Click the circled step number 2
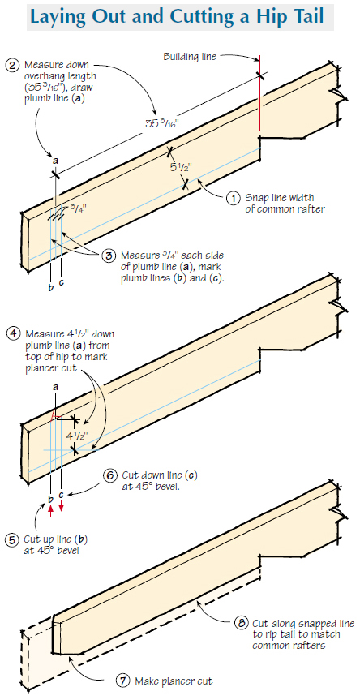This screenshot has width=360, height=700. pyautogui.click(x=11, y=65)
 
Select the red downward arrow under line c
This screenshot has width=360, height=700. pyautogui.click(x=62, y=507)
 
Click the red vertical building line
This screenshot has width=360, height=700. pyautogui.click(x=259, y=105)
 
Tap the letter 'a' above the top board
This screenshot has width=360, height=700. pyautogui.click(x=54, y=161)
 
